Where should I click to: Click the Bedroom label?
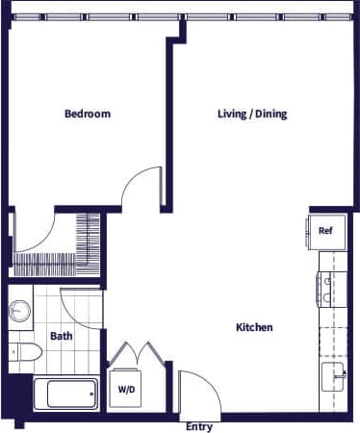(87, 114)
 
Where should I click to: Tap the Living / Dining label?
(251, 114)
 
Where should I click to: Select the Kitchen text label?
(254, 327)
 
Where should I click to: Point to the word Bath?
(61, 336)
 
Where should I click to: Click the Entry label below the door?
(198, 426)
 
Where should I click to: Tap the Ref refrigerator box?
(325, 231)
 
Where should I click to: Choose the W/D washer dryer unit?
(126, 389)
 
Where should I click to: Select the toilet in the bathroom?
(23, 354)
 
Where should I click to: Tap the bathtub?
(65, 394)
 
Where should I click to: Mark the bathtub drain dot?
(90, 394)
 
